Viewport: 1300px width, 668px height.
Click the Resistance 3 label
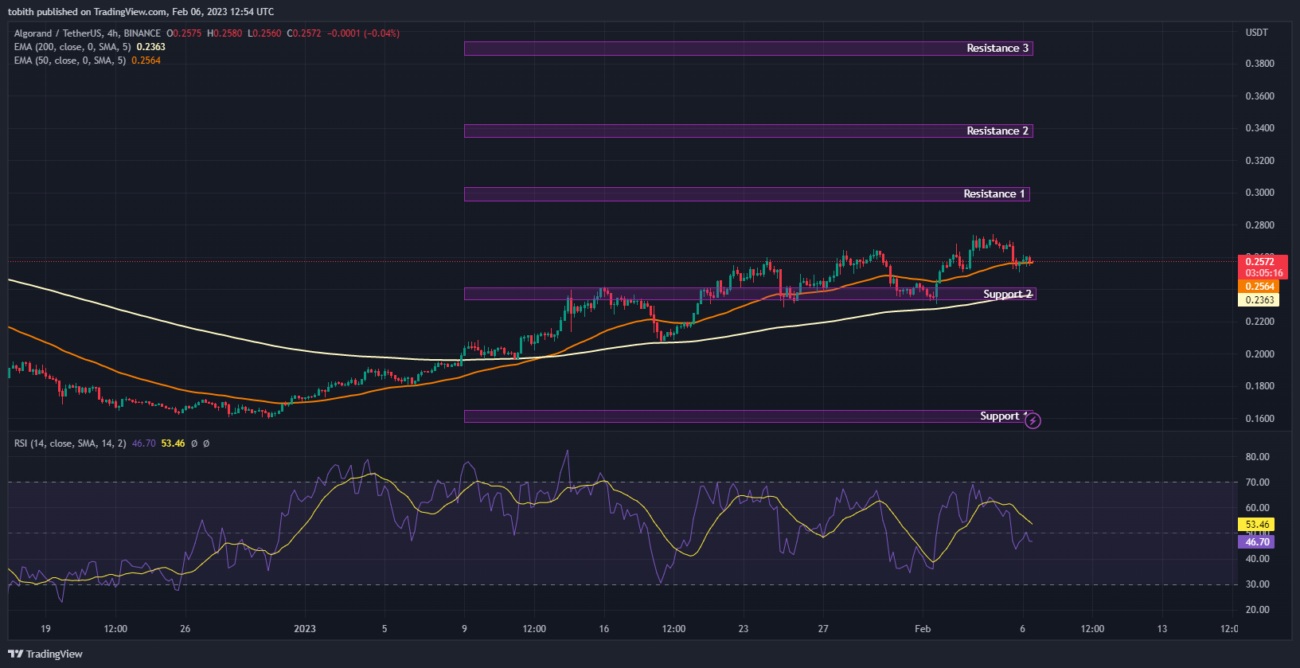(997, 49)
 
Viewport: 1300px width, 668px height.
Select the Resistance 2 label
(997, 131)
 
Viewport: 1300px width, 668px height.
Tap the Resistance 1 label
(994, 194)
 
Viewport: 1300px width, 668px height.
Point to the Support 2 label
(1007, 295)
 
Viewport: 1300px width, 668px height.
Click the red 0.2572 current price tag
(1259, 262)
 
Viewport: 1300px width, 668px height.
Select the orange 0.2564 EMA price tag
(1259, 287)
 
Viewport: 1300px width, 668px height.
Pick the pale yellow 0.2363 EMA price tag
(1259, 300)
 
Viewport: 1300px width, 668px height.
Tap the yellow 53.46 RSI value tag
(1257, 525)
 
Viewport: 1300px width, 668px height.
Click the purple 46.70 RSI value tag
(1257, 542)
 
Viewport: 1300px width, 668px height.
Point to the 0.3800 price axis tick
(1259, 64)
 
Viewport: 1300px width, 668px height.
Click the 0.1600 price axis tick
(1259, 419)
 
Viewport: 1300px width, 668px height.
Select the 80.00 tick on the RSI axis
(1257, 457)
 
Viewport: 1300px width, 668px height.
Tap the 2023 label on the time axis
(305, 629)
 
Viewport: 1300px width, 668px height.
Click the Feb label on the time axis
(923, 629)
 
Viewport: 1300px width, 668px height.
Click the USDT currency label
(1257, 33)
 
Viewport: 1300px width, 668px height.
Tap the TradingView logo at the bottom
(46, 654)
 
